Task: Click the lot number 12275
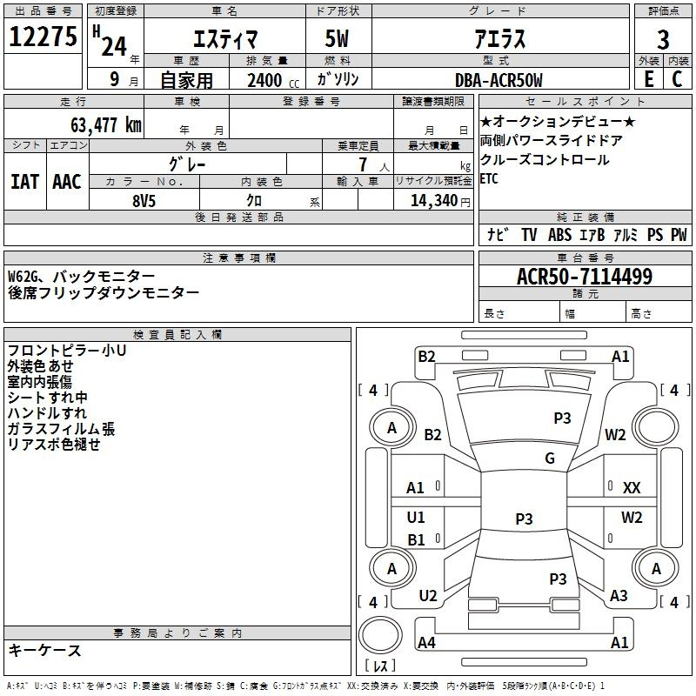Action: [x=43, y=37]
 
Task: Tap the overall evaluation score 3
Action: [x=663, y=39]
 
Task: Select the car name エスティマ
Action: [x=223, y=40]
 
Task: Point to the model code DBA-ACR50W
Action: [x=499, y=81]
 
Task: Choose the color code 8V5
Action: [x=144, y=198]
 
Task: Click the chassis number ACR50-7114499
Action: [x=584, y=277]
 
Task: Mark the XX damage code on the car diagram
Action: [x=632, y=488]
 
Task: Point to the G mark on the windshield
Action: [x=550, y=458]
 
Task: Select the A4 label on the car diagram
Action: [x=427, y=643]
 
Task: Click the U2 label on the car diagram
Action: [x=428, y=595]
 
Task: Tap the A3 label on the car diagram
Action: [x=619, y=595]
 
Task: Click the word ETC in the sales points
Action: [x=491, y=178]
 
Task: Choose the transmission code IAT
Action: [x=24, y=181]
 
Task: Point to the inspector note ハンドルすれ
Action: [x=47, y=413]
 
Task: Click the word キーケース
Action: [x=44, y=650]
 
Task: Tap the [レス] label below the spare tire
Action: [x=380, y=666]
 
